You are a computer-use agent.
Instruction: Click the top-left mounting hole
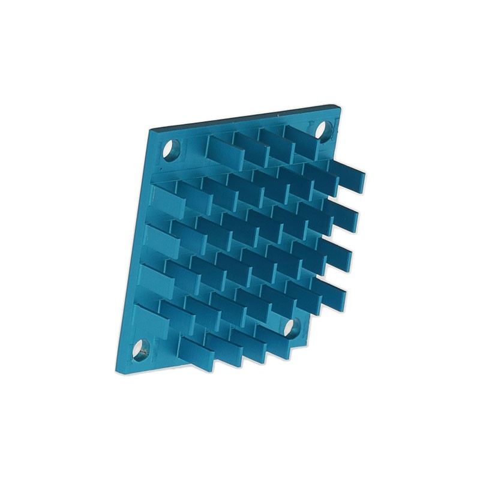click(171, 148)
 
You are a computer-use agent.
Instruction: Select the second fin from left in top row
click(246, 148)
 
